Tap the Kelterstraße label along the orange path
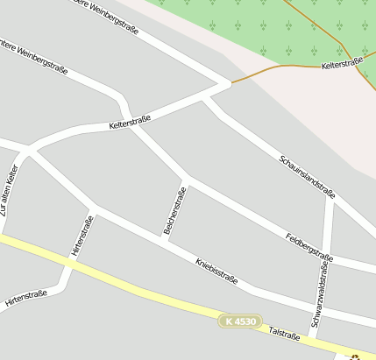(342, 63)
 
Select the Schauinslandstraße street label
(308, 176)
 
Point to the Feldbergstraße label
(309, 247)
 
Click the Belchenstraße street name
(174, 211)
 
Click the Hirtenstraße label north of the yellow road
(82, 238)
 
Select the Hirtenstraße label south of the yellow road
(25, 299)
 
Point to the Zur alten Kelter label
(10, 190)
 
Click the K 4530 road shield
(240, 321)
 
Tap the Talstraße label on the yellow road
(284, 334)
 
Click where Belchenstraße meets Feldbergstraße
(187, 180)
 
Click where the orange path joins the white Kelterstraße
(231, 84)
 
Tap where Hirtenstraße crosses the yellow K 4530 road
(68, 261)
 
